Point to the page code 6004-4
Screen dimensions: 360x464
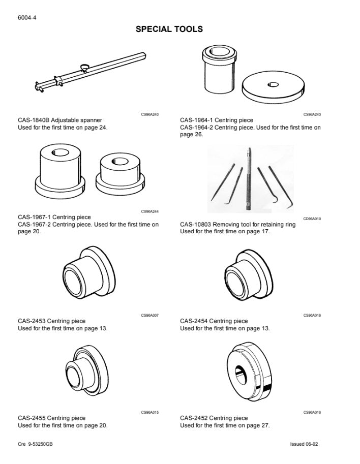27,18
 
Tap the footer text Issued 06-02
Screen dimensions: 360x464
304,444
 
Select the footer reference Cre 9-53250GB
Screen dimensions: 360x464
35,444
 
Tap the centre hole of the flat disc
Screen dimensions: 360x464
273,85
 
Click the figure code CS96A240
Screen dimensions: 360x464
150,114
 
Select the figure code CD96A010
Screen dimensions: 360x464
312,219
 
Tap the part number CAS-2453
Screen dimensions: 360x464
32,321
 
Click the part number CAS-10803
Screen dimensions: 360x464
196,224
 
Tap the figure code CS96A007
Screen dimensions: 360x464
150,315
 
